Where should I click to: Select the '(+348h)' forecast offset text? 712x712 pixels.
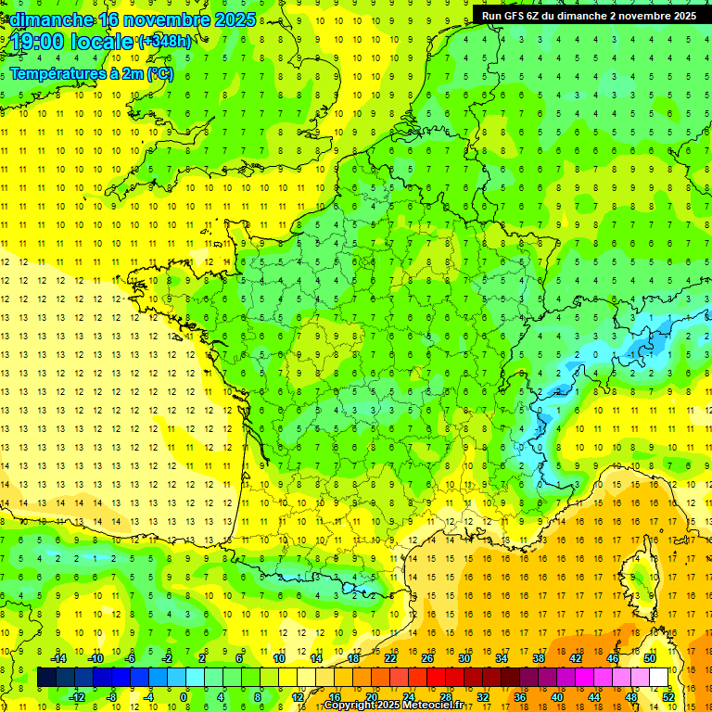(165, 42)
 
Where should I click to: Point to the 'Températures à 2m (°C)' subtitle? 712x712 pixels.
(91, 73)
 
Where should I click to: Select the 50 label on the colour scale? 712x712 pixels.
(650, 658)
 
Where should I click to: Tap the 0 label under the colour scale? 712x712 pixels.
(184, 697)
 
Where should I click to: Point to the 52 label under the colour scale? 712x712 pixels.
(668, 697)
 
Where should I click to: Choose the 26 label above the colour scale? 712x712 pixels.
(427, 658)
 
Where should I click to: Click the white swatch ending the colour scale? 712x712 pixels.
(659, 678)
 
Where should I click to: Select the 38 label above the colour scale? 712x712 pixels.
(539, 658)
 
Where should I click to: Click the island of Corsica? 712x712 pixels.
(635, 576)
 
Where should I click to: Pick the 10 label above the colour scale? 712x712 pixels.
(279, 658)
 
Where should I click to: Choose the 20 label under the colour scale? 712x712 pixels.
(371, 697)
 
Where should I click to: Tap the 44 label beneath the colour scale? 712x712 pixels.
(594, 697)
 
